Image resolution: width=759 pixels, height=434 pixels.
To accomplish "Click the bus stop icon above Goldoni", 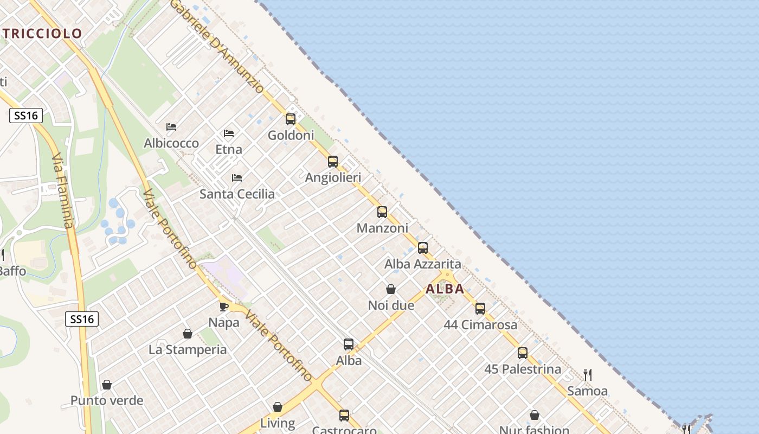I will (291, 119).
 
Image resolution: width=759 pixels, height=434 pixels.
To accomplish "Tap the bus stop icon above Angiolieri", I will (333, 161).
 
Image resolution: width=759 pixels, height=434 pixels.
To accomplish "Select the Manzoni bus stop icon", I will (382, 212).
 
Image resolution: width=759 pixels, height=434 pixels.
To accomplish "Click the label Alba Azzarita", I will (422, 264).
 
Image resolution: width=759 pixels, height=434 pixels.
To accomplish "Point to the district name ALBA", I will (445, 289).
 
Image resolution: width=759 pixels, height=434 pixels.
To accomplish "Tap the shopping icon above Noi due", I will (390, 289).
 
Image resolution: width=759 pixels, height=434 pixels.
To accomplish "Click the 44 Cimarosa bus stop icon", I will (480, 309).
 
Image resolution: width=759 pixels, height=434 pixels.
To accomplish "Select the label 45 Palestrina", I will (522, 369).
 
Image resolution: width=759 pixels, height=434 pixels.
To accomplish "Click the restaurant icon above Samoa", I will (587, 374).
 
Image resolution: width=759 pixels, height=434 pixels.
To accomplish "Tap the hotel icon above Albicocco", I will (171, 127).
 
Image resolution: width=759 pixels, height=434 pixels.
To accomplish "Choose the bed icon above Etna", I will (229, 133).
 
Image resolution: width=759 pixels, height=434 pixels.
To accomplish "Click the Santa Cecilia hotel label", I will (237, 194).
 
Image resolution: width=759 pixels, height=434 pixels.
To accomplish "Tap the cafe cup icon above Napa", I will (223, 307).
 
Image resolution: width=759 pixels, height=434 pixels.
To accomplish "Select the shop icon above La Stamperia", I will (188, 333).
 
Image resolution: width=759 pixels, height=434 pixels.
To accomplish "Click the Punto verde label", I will (107, 401).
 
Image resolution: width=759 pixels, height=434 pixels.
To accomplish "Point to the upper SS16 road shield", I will (26, 115).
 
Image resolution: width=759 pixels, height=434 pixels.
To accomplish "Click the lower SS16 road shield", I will (82, 319).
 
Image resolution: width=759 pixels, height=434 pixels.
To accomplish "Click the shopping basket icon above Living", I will (278, 407).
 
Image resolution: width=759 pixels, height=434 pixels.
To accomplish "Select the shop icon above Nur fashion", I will (534, 415).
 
